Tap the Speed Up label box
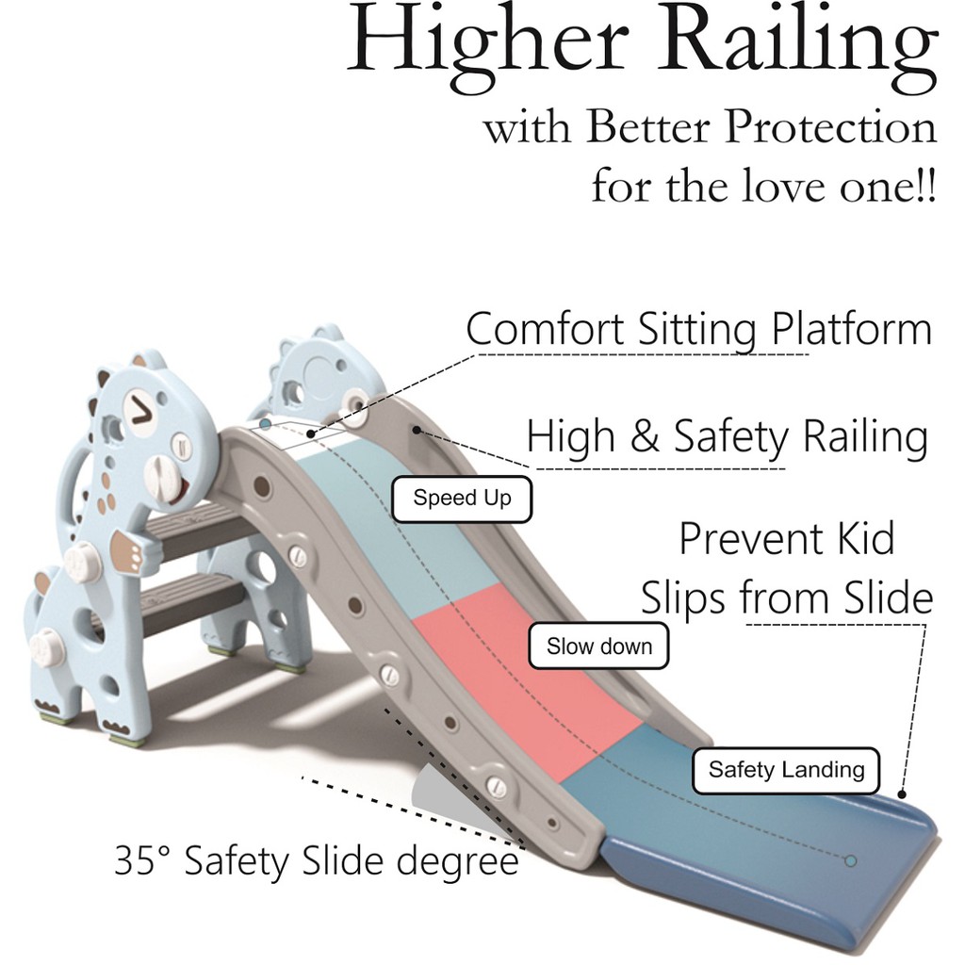tap(462, 499)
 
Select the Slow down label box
tap(598, 646)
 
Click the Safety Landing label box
tap(786, 770)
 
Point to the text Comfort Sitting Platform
tap(698, 331)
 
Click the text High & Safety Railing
tap(727, 438)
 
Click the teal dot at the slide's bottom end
tap(851, 860)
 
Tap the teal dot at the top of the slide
tap(266, 425)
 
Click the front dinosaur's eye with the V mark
tap(141, 410)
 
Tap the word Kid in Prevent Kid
tap(859, 540)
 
